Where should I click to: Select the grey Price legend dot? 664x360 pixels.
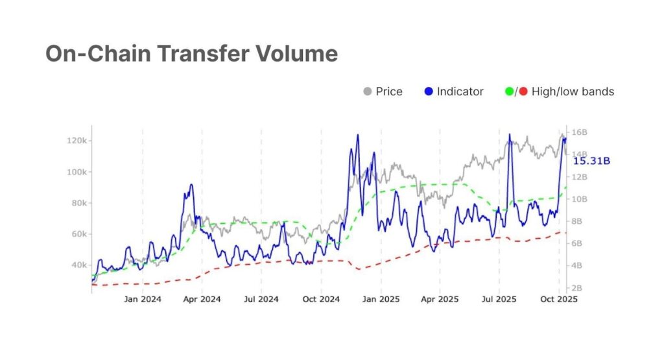(x=367, y=91)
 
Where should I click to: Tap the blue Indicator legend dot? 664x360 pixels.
(x=428, y=91)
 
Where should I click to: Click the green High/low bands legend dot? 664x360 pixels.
(x=509, y=91)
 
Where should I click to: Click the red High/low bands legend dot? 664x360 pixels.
(x=523, y=91)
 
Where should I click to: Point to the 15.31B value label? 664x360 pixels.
(x=591, y=161)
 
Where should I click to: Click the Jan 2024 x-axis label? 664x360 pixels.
(x=142, y=300)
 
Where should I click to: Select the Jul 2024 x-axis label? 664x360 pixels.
(x=261, y=300)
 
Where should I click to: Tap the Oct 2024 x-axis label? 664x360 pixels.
(x=321, y=300)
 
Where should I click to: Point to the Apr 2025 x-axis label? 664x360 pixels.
(x=439, y=300)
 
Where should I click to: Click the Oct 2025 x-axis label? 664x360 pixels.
(x=558, y=300)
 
